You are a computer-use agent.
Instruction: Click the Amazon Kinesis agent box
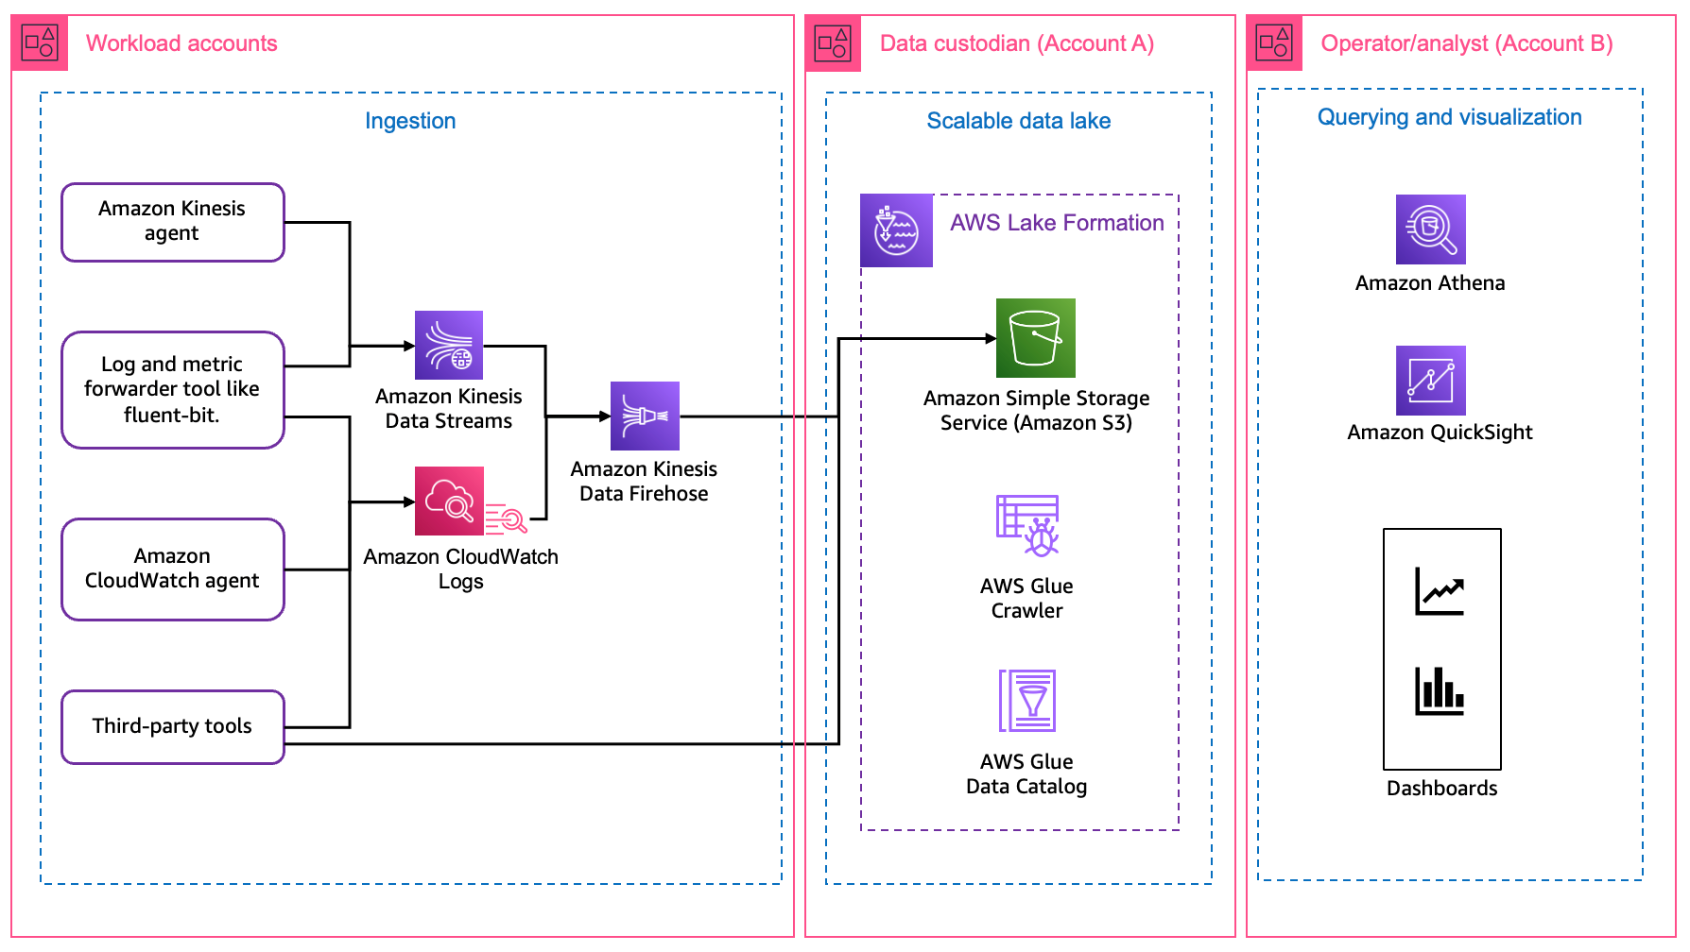pos(172,222)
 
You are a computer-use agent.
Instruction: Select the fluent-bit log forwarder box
pos(172,389)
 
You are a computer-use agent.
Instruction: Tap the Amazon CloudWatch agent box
pos(172,569)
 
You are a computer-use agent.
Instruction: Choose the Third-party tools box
pos(172,726)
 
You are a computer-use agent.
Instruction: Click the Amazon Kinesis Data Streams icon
pos(449,346)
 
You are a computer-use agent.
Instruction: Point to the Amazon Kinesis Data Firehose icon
pos(645,416)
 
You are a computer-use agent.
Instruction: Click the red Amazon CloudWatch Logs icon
pos(450,501)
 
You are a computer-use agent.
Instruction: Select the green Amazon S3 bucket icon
pos(1035,338)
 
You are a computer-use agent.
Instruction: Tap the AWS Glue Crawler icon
pos(1027,525)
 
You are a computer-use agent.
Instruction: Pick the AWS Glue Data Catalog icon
pos(1027,701)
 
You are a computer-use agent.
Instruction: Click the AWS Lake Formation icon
pos(896,230)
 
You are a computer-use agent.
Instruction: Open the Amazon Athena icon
pos(1430,229)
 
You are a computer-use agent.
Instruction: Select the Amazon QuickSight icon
pos(1430,381)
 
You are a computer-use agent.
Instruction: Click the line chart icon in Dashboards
pos(1440,591)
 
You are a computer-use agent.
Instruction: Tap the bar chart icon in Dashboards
pos(1440,691)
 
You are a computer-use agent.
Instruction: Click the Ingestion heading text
pos(410,121)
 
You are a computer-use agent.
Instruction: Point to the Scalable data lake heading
pos(1018,121)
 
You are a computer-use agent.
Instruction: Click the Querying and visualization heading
pos(1449,117)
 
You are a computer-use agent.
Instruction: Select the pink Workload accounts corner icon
pos(41,42)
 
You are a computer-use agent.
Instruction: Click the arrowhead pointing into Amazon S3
pos(991,338)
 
